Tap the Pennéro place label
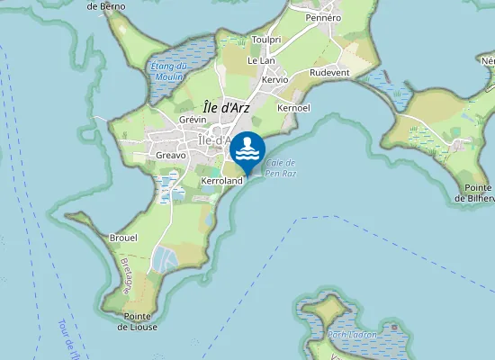pos(322,17)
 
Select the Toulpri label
pos(266,40)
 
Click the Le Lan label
pos(260,60)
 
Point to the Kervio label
pos(274,79)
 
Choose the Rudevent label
pos(328,72)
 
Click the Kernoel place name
pos(293,108)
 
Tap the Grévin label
pos(193,120)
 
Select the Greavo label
pos(171,155)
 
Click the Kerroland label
pos(222,181)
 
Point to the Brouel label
pos(122,238)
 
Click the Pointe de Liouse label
pos(137,321)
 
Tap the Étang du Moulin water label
pos(168,70)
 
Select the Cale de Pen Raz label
pos(281,166)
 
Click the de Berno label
pos(106,5)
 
